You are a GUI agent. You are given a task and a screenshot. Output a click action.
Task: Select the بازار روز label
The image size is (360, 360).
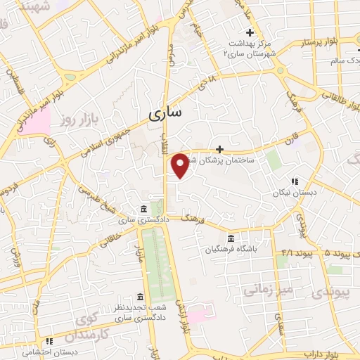76,123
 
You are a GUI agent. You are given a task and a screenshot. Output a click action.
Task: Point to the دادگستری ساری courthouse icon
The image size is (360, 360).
143,210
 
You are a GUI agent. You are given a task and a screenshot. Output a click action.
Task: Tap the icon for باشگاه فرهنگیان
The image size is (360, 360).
232,238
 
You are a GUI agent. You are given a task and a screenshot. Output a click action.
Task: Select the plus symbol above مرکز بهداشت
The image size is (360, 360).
250,32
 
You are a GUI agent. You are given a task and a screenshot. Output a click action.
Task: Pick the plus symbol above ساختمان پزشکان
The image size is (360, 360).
221,149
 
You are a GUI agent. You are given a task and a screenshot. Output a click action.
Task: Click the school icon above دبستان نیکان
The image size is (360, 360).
295,181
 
